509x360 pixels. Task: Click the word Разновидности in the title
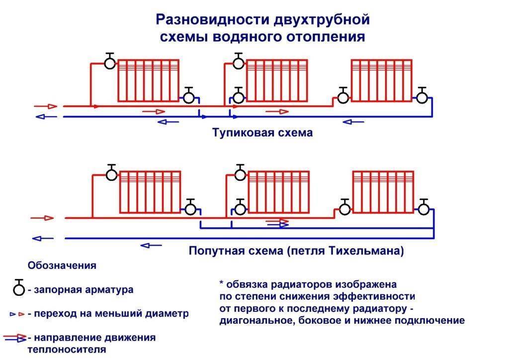coord(212,19)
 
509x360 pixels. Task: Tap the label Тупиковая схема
coord(262,132)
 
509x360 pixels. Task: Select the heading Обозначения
coord(62,265)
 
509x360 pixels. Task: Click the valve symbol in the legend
coord(19,287)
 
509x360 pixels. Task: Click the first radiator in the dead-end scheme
coord(148,81)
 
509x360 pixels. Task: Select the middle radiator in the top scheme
coord(277,81)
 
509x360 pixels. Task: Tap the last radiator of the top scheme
coord(382,81)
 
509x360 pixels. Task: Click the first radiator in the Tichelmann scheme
coord(150,192)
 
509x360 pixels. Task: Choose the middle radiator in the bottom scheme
coord(278,192)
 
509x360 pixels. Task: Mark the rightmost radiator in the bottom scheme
coord(383,192)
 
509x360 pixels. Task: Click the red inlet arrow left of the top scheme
coord(46,106)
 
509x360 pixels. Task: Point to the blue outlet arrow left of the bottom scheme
coord(43,239)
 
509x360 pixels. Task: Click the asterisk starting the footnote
coord(222,283)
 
